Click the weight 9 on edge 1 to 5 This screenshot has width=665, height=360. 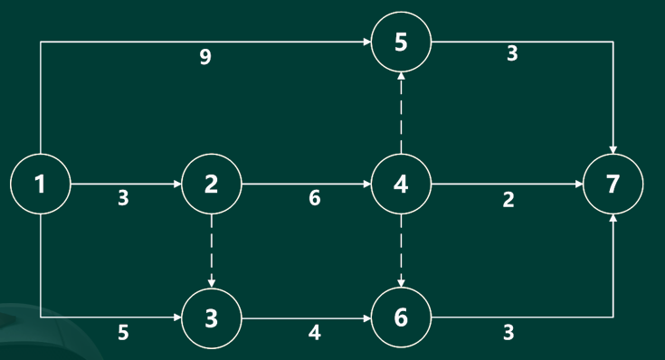[x=205, y=56]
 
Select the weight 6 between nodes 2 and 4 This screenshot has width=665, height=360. [x=315, y=198]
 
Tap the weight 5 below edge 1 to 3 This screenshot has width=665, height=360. [x=123, y=333]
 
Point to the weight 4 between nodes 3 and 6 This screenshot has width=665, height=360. [x=314, y=333]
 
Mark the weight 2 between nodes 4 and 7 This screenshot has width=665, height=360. [x=508, y=199]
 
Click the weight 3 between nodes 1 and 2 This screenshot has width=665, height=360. [x=123, y=198]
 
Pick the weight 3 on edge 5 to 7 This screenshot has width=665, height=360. [x=512, y=54]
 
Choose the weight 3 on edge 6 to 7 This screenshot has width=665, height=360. [x=508, y=333]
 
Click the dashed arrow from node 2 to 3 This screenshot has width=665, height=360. [x=212, y=251]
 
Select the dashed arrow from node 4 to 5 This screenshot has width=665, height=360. [x=401, y=113]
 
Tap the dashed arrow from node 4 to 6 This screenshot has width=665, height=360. [x=401, y=251]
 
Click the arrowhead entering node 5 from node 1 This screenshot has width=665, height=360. [x=366, y=42]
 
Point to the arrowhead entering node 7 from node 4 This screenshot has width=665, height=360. [x=579, y=184]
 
